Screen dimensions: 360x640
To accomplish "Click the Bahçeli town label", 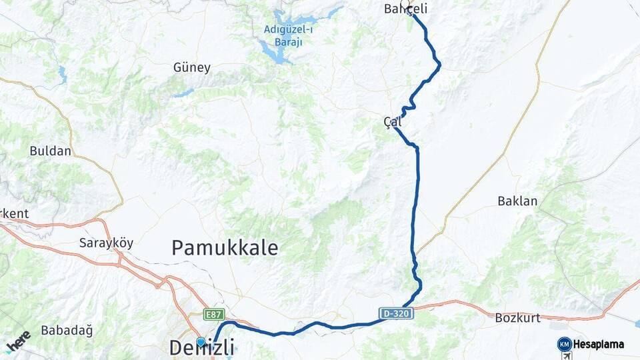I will pyautogui.click(x=405, y=9).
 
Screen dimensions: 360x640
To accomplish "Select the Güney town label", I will pyautogui.click(x=191, y=67).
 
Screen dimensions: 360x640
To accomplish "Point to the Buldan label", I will pyautogui.click(x=50, y=151).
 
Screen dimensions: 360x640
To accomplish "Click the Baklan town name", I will pyautogui.click(x=517, y=201).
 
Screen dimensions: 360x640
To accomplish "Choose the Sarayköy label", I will pyautogui.click(x=106, y=243).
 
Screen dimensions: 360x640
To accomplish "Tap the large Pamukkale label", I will pyautogui.click(x=224, y=248).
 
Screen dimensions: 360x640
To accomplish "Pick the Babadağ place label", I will pyautogui.click(x=67, y=330).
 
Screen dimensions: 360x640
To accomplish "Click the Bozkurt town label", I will pyautogui.click(x=517, y=318).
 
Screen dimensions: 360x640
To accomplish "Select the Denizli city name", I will pyautogui.click(x=201, y=348).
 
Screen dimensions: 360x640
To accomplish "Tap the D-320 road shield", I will pyautogui.click(x=397, y=313).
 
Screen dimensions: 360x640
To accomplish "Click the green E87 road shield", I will pyautogui.click(x=215, y=314).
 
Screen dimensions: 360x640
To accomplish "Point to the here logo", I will pyautogui.click(x=18, y=341).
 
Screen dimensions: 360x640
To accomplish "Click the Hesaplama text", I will pyautogui.click(x=598, y=345).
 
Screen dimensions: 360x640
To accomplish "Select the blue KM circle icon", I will pyautogui.click(x=564, y=345).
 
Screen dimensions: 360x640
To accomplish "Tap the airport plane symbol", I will pyautogui.click(x=567, y=356).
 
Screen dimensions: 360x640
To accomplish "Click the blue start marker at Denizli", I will pyautogui.click(x=201, y=341).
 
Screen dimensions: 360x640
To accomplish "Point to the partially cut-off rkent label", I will pyautogui.click(x=14, y=214).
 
